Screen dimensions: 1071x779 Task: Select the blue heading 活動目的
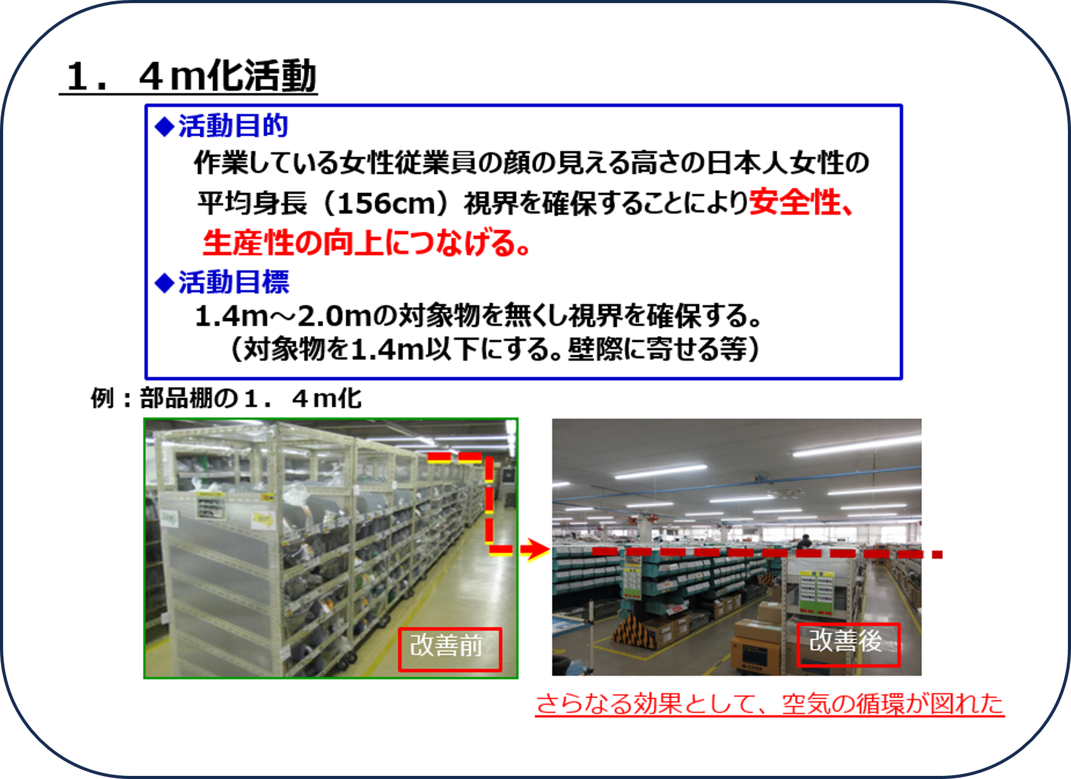[x=233, y=126]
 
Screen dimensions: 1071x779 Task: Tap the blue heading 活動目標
[x=233, y=282]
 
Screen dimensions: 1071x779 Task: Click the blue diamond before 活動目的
[x=165, y=126]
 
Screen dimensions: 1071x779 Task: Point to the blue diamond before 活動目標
[x=165, y=283]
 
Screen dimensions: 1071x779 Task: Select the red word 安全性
[x=795, y=202]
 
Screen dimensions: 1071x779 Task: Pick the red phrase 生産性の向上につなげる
[x=359, y=242]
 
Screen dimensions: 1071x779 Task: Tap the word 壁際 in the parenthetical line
[x=595, y=350]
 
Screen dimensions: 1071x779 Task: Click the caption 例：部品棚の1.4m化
[x=226, y=398]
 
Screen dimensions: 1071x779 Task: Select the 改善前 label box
[x=450, y=650]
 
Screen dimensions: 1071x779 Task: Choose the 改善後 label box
[x=848, y=644]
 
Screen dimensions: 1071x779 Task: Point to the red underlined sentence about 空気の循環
[x=770, y=704]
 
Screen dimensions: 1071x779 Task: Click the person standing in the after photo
[x=804, y=541]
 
